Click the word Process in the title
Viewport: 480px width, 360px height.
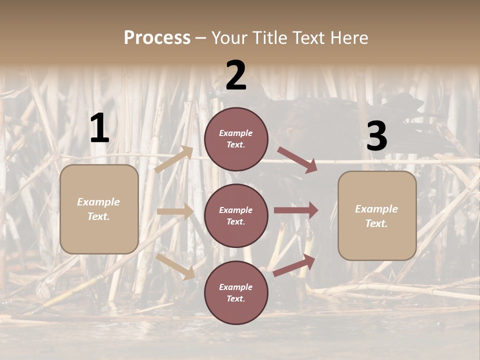pos(157,37)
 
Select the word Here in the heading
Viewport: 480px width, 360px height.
pos(348,37)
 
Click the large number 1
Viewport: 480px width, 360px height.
pos(99,128)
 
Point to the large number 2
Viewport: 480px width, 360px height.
pos(236,75)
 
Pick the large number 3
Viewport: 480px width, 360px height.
pos(376,136)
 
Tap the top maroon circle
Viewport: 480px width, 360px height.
pos(236,139)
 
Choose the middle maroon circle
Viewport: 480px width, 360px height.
pos(236,215)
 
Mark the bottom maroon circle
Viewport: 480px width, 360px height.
pos(236,292)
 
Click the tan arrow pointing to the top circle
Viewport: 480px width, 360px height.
pos(173,159)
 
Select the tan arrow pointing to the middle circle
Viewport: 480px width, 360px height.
pos(175,211)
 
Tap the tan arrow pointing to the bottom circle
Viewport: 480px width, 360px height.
pos(175,266)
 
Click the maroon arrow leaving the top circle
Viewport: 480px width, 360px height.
pos(297,159)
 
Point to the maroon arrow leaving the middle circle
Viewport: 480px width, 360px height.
pos(296,210)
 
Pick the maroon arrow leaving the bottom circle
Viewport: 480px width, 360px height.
pos(294,265)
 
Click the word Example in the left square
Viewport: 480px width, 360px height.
pos(98,202)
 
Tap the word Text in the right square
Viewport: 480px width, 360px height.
pos(376,223)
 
